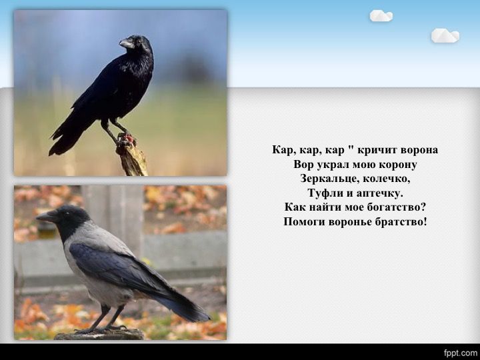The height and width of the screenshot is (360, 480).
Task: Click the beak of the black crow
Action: (127, 43)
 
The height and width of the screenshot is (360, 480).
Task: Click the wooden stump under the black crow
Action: (131, 157)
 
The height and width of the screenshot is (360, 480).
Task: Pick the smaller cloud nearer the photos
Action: (381, 15)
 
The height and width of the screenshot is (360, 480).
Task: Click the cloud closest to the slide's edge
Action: (445, 35)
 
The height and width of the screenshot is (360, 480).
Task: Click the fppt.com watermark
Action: (461, 353)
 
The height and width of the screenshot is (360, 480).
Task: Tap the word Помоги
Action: (304, 221)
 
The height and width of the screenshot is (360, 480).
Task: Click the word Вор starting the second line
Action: (304, 165)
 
